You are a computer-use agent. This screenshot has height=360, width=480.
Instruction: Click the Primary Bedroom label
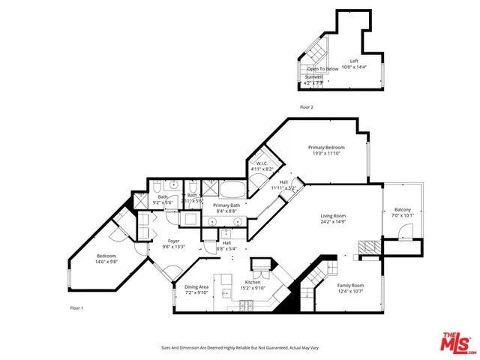click(326, 148)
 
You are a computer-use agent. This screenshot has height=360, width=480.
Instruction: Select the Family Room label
click(350, 286)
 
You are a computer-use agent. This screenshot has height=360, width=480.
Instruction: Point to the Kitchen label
click(253, 282)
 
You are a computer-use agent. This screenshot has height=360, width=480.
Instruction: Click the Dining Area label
click(197, 286)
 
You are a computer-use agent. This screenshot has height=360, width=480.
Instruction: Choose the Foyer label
click(174, 241)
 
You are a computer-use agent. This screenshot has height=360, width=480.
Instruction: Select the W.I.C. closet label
click(262, 163)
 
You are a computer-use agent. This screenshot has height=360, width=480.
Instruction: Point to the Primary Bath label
click(226, 205)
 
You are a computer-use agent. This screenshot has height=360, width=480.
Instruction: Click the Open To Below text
click(322, 68)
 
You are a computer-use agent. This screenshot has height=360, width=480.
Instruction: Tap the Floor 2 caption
click(306, 107)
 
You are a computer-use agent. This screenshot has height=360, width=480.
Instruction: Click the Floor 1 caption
click(76, 308)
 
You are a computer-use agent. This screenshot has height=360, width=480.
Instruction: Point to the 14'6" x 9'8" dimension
click(106, 262)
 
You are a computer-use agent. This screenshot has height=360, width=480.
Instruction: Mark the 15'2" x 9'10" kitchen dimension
click(253, 288)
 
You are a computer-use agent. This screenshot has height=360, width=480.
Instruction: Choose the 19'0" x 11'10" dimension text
click(326, 154)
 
